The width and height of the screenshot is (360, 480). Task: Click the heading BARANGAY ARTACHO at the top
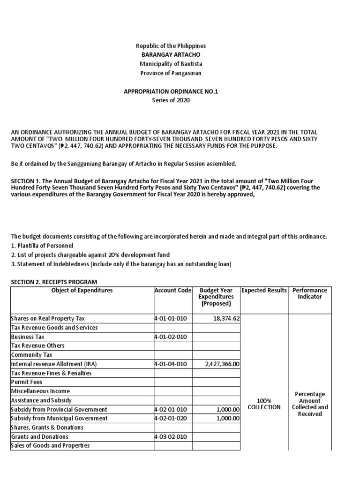point(171,55)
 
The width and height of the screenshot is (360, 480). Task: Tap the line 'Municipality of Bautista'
point(171,64)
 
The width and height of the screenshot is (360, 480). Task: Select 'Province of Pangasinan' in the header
point(171,73)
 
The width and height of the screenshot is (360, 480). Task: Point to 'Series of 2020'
point(171,100)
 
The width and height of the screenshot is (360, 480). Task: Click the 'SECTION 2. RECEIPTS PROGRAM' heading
point(53,281)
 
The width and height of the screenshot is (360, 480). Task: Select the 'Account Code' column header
point(172,291)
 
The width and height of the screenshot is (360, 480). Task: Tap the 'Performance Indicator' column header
point(309,294)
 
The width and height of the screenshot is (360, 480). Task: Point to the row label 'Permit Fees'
point(26,382)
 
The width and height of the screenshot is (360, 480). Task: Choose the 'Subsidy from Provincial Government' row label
point(59,409)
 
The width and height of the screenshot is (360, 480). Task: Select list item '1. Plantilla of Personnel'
point(42,246)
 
